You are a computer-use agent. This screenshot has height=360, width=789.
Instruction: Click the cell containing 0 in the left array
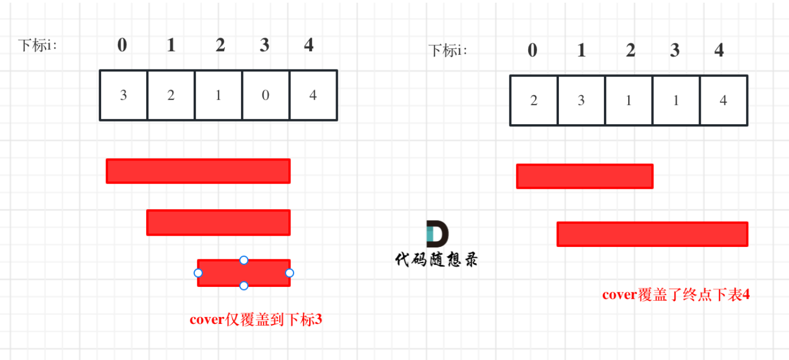pyautogui.click(x=266, y=95)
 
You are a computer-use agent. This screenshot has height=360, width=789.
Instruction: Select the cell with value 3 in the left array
pyautogui.click(x=124, y=95)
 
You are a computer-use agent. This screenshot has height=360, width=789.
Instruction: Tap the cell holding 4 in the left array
pyautogui.click(x=313, y=95)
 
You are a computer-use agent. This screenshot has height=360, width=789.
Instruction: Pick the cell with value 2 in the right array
pyautogui.click(x=534, y=101)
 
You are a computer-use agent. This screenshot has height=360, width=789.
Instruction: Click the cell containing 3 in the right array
pyautogui.click(x=581, y=101)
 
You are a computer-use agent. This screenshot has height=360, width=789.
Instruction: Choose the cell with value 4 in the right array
pyautogui.click(x=723, y=101)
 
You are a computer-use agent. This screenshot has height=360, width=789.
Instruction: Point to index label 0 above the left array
pyautogui.click(x=122, y=45)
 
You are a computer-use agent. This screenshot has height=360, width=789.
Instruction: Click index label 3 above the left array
pyautogui.click(x=264, y=45)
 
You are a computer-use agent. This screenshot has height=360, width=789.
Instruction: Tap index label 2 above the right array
pyautogui.click(x=630, y=51)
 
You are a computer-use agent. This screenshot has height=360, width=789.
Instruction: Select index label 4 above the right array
pyautogui.click(x=719, y=51)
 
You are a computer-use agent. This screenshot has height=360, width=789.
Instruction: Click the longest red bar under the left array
pyautogui.click(x=198, y=171)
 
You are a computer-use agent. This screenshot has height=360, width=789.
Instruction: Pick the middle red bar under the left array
pyautogui.click(x=218, y=222)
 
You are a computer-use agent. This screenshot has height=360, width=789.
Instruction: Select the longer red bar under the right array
pyautogui.click(x=652, y=234)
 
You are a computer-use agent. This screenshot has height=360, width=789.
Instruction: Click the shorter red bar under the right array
pyautogui.click(x=585, y=176)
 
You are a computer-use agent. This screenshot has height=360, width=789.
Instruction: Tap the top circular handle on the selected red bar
pyautogui.click(x=244, y=260)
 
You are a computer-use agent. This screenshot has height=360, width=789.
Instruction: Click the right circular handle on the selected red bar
pyautogui.click(x=289, y=273)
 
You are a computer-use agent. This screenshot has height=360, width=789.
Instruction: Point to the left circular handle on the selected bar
pyautogui.click(x=198, y=273)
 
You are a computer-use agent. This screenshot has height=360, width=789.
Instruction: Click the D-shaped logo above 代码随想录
pyautogui.click(x=437, y=234)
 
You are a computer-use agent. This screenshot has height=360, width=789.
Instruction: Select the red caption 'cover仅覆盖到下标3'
pyautogui.click(x=256, y=320)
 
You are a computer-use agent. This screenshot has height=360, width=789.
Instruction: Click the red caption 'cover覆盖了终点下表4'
pyautogui.click(x=676, y=295)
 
